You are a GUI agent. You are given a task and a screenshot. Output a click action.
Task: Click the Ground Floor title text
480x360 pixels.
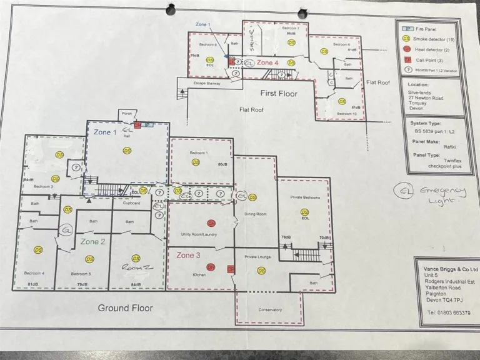(x=126, y=307)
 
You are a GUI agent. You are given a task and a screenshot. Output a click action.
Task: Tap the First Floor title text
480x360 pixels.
(x=279, y=93)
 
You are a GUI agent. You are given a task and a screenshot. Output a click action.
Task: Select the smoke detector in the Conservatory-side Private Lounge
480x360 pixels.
(x=261, y=271)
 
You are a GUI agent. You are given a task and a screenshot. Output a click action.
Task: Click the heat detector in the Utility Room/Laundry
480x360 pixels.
(x=211, y=223)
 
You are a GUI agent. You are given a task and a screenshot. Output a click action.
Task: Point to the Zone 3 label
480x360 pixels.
(x=188, y=255)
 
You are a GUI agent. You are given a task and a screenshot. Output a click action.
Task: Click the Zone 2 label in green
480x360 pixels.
(x=92, y=241)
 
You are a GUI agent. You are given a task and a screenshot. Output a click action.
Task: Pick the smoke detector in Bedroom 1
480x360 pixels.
(x=196, y=162)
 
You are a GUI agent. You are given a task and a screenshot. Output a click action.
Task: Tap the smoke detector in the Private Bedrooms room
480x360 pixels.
(x=304, y=212)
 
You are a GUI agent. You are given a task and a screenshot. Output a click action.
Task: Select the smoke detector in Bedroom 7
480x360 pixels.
(x=290, y=42)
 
